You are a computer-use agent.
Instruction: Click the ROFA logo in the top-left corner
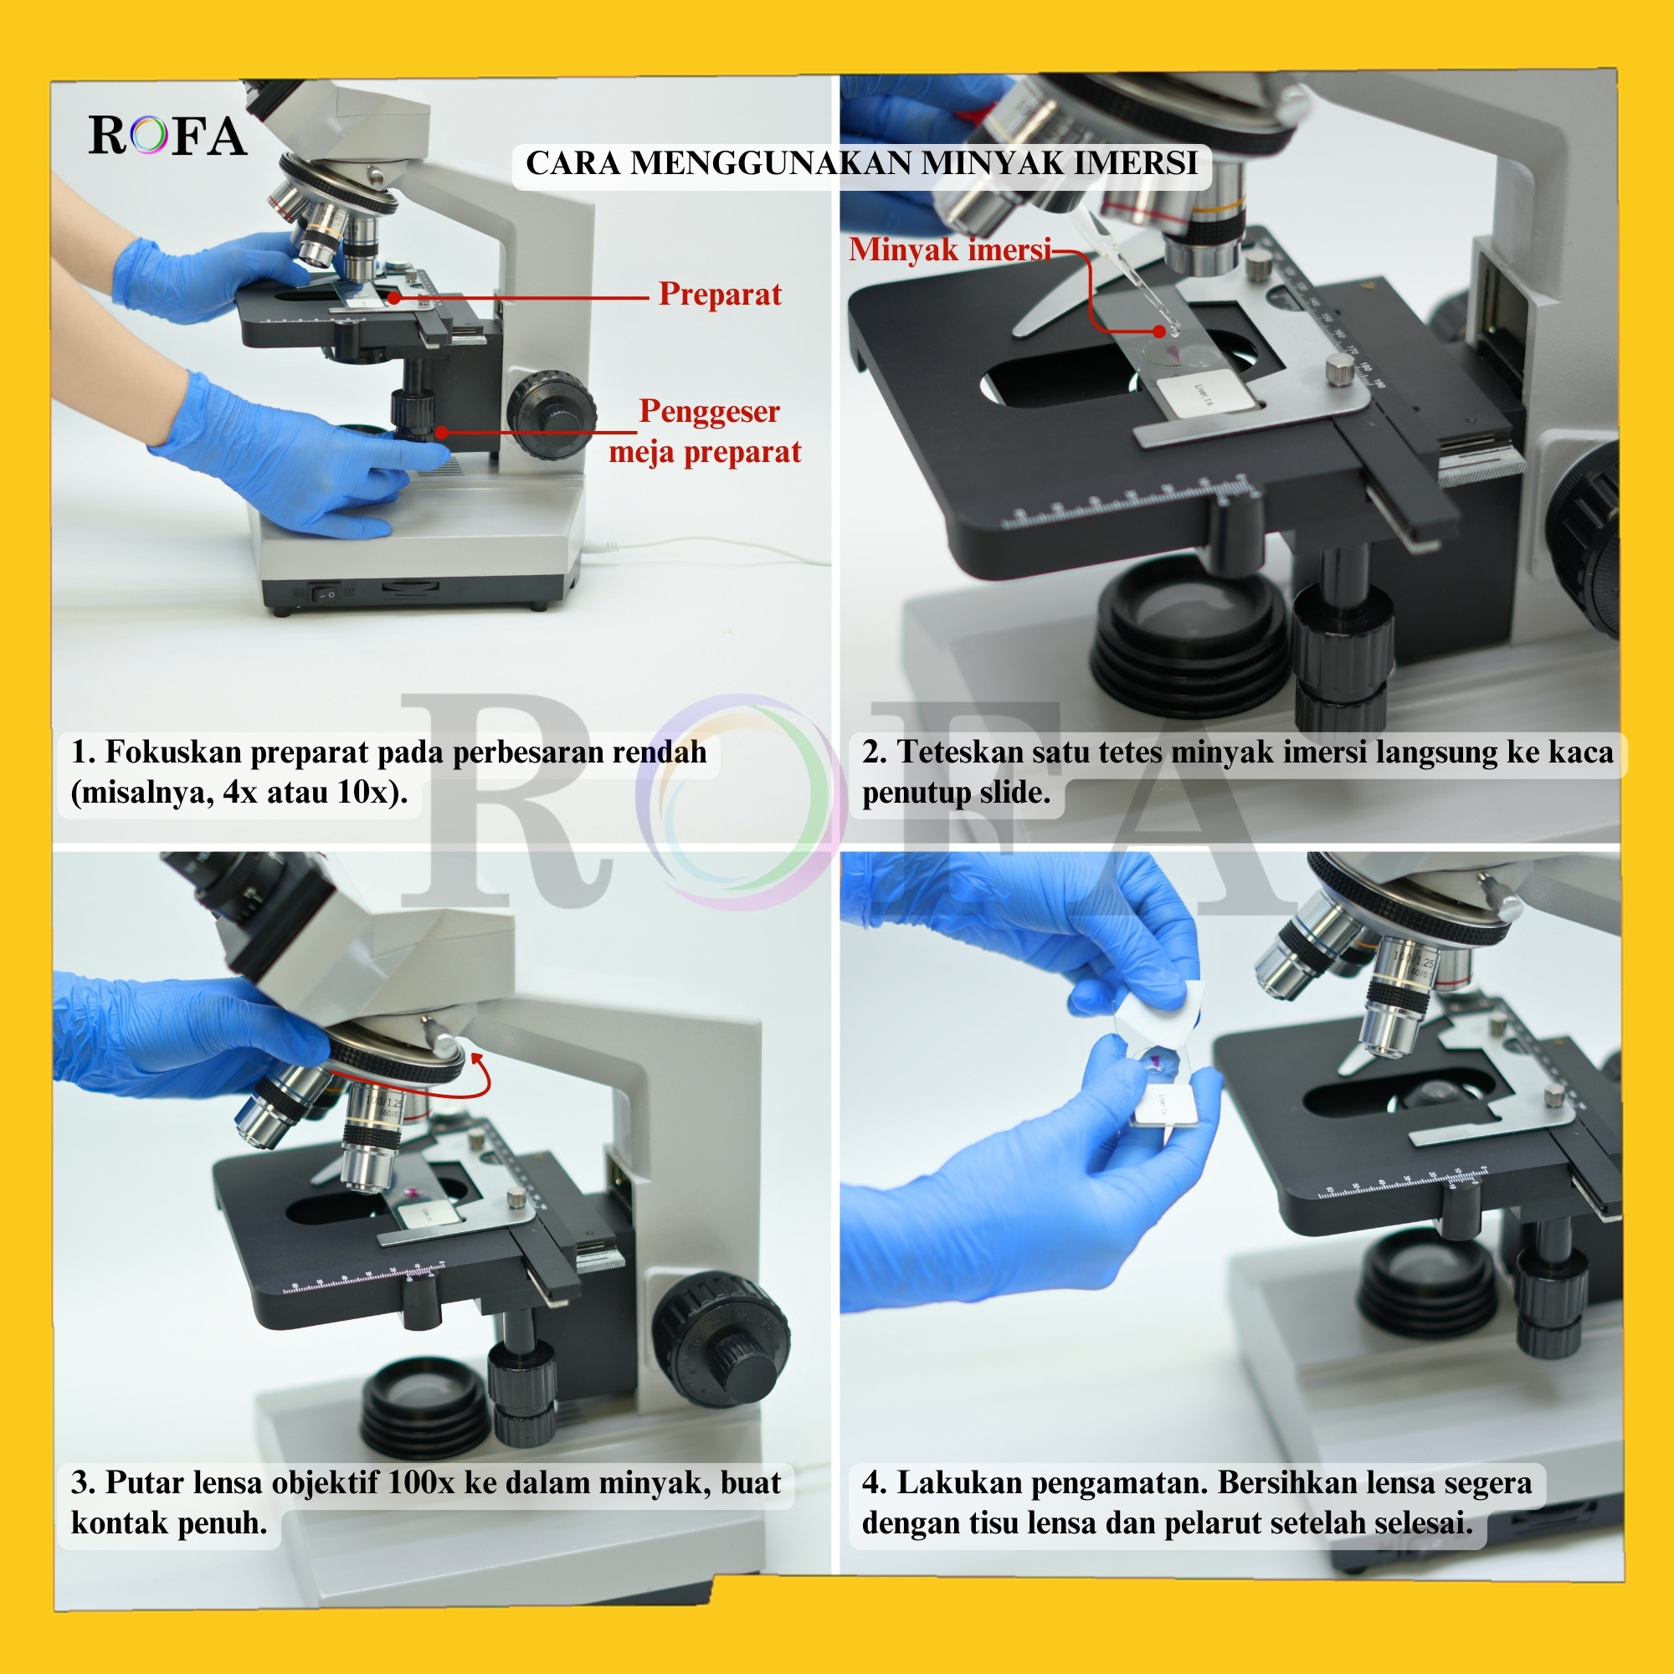pos(167,136)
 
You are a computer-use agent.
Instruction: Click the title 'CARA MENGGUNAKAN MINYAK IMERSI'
pos(861,163)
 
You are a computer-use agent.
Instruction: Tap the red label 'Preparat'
pos(719,295)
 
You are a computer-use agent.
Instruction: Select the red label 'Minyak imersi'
pos(950,249)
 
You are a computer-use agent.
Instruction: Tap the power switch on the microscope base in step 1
pos(326,594)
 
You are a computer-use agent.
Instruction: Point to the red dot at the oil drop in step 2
pos(1159,331)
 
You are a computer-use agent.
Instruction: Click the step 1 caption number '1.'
pos(83,752)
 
